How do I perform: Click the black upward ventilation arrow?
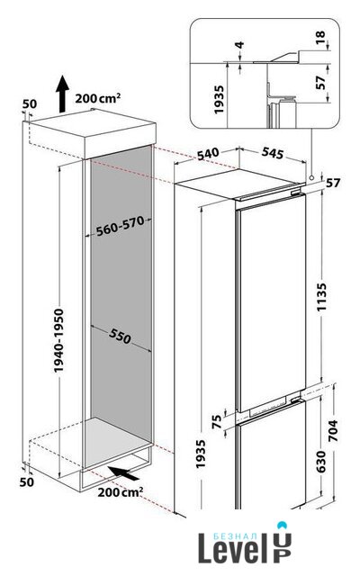(62, 94)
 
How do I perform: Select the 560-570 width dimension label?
(120, 226)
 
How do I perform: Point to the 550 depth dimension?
(120, 336)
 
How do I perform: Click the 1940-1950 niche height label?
(58, 340)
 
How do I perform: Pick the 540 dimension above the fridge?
(208, 154)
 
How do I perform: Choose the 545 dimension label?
(273, 153)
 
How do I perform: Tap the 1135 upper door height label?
(322, 297)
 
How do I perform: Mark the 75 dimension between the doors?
(218, 421)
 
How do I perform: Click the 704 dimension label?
(332, 430)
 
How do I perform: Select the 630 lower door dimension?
(320, 462)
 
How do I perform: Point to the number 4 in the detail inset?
(239, 45)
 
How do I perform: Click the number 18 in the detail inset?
(320, 37)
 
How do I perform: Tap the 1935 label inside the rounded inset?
(219, 100)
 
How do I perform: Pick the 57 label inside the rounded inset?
(320, 82)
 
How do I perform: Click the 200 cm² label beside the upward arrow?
(98, 98)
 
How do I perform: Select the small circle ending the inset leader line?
(311, 178)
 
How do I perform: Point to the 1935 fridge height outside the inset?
(201, 454)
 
